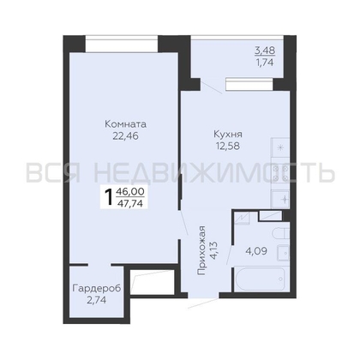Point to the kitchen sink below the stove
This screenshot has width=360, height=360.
pos(279,197)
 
